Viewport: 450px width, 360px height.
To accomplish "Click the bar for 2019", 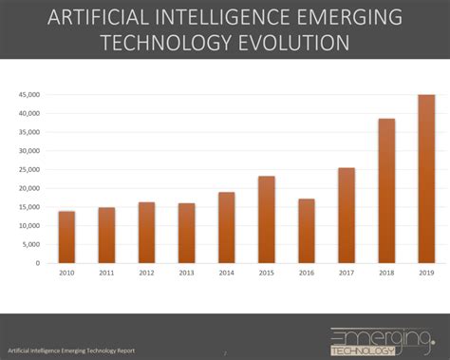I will click(426, 179).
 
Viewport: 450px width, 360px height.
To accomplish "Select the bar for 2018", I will click(386, 191).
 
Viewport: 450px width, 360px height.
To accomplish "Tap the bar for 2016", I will click(307, 231).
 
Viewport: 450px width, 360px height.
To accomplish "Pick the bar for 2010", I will click(66, 237).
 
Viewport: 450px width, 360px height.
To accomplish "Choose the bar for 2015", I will click(267, 219).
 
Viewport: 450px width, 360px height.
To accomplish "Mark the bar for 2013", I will click(186, 233).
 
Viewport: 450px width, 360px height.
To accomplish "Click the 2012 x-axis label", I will click(146, 273).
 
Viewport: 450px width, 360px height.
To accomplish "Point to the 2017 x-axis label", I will click(347, 273).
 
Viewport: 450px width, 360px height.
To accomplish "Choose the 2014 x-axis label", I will click(226, 273).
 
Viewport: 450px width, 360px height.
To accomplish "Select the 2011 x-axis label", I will click(106, 273).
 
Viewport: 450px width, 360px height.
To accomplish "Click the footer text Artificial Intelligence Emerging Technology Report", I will click(71, 351).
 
